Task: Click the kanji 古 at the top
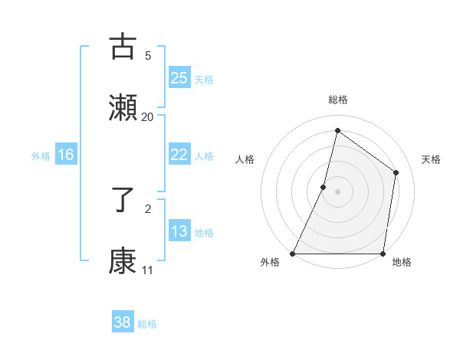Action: (x=123, y=47)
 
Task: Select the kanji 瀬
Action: (x=123, y=108)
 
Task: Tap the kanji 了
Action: (x=123, y=200)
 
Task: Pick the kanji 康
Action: (x=123, y=261)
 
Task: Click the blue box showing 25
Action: (x=179, y=78)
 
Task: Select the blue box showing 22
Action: (x=179, y=155)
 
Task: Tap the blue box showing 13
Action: (x=179, y=231)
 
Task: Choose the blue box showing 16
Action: (x=66, y=155)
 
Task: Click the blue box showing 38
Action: (x=123, y=323)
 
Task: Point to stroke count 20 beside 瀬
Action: (x=148, y=116)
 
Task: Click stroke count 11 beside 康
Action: (x=147, y=270)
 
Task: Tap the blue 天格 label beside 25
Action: (x=204, y=79)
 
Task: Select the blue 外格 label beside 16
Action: (x=41, y=155)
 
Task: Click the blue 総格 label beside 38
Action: (x=147, y=324)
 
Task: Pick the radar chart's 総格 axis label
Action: (x=337, y=100)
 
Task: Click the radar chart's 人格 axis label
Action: (x=245, y=159)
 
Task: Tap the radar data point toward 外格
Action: (x=293, y=253)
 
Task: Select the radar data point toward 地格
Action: (x=383, y=253)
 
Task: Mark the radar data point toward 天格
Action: (x=396, y=172)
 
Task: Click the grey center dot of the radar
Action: (x=337, y=191)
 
